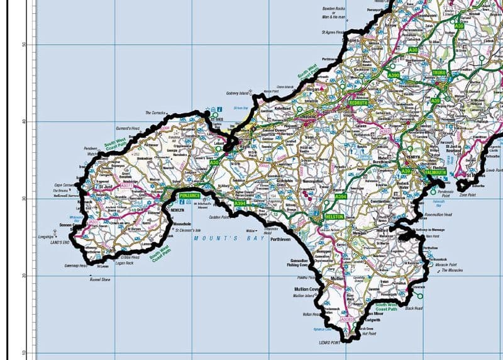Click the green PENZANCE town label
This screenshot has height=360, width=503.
(x=189, y=196)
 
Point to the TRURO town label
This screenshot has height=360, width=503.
(x=439, y=73)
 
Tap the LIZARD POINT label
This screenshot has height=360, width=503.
(x=327, y=342)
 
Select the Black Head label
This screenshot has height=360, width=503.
(x=414, y=308)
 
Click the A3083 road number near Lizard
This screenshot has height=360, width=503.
(x=347, y=319)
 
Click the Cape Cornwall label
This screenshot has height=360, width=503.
(x=65, y=185)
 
